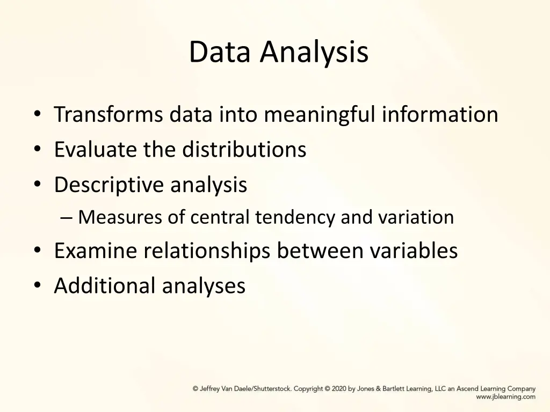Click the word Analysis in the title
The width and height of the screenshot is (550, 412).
315,53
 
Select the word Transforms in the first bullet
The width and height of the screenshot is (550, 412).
107,114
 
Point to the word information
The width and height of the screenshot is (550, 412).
440,114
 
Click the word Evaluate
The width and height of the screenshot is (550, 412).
95,149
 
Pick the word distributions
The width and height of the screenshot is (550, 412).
244,149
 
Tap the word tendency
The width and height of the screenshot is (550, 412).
295,217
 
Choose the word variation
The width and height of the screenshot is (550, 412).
416,217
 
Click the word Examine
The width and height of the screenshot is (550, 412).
96,251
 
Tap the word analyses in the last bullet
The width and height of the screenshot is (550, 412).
204,285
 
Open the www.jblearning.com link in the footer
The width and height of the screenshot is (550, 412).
505,397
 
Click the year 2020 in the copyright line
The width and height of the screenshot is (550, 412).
339,389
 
